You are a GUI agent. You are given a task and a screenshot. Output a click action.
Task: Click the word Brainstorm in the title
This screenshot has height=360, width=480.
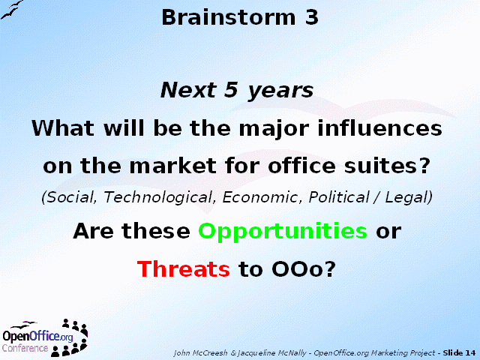[228, 17]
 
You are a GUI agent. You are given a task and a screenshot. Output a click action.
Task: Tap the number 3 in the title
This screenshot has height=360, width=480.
[311, 17]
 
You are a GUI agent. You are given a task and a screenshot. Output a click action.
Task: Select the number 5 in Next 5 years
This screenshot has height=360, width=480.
[231, 90]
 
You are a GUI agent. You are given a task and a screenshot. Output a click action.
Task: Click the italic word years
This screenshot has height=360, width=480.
[280, 91]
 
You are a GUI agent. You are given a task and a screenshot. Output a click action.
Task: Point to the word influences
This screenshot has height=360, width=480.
[380, 127]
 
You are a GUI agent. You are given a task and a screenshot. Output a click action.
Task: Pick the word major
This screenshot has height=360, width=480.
[274, 129]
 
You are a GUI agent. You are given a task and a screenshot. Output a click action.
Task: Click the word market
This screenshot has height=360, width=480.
[173, 166]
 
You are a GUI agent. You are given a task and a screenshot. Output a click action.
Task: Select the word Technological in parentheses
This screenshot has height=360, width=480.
[158, 197]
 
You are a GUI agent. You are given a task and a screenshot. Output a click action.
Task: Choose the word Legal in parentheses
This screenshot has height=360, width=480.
[406, 197]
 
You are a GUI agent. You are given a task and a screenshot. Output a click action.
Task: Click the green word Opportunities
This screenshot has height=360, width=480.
[283, 232]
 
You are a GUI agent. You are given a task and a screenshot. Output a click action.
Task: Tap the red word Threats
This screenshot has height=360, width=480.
[183, 268]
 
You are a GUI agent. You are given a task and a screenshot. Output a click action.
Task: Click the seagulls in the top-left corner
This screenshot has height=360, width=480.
[12, 10]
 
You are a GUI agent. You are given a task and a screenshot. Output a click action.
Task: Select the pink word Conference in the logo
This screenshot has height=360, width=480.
[25, 348]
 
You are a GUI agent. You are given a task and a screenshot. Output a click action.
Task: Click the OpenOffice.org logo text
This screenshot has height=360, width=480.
[37, 336]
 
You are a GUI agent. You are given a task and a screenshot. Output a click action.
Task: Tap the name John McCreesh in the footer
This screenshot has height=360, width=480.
[200, 353]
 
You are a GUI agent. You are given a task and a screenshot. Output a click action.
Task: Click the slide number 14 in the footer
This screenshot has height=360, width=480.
[470, 352]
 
